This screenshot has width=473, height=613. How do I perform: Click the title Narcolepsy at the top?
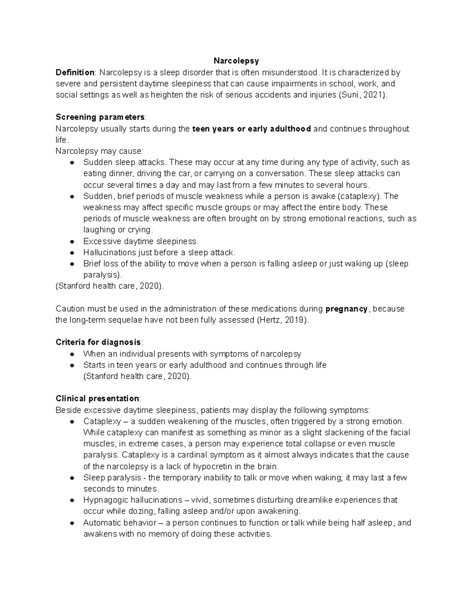tap(236, 61)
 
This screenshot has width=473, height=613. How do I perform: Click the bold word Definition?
tap(75, 72)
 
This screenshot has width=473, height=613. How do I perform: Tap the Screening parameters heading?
tap(100, 117)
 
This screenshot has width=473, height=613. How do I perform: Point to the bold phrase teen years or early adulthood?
tap(251, 129)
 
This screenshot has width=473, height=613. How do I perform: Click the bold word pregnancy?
tap(346, 309)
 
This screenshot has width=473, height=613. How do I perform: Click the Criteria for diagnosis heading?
tap(98, 342)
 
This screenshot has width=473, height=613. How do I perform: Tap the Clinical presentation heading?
tap(97, 398)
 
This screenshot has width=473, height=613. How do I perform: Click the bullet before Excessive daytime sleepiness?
tap(72, 242)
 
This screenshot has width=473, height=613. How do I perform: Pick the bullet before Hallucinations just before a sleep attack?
tap(72, 253)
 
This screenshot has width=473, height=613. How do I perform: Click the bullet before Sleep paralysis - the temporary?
tap(72, 478)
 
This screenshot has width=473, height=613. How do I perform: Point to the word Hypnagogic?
tap(103, 500)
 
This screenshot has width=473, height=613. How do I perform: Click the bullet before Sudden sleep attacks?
tap(72, 163)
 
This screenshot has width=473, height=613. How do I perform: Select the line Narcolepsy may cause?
tap(99, 151)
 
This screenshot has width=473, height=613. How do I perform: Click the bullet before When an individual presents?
tap(72, 354)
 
